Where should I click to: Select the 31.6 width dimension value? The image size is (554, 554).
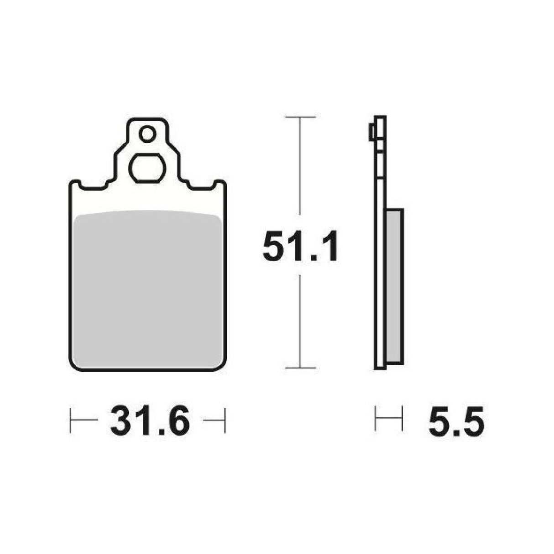(149, 421)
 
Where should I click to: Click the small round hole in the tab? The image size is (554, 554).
(147, 135)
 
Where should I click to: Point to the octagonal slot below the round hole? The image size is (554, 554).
(147, 168)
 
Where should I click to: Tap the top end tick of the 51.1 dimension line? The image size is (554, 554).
(300, 117)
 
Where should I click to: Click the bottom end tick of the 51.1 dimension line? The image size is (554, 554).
(300, 368)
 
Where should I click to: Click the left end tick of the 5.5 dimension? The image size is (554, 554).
(375, 418)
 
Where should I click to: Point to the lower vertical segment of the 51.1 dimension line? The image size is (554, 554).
(300, 319)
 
